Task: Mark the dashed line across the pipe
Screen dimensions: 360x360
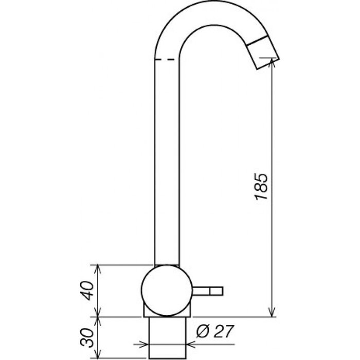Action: point(167,60)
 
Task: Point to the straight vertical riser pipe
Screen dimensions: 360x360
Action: point(167,165)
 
